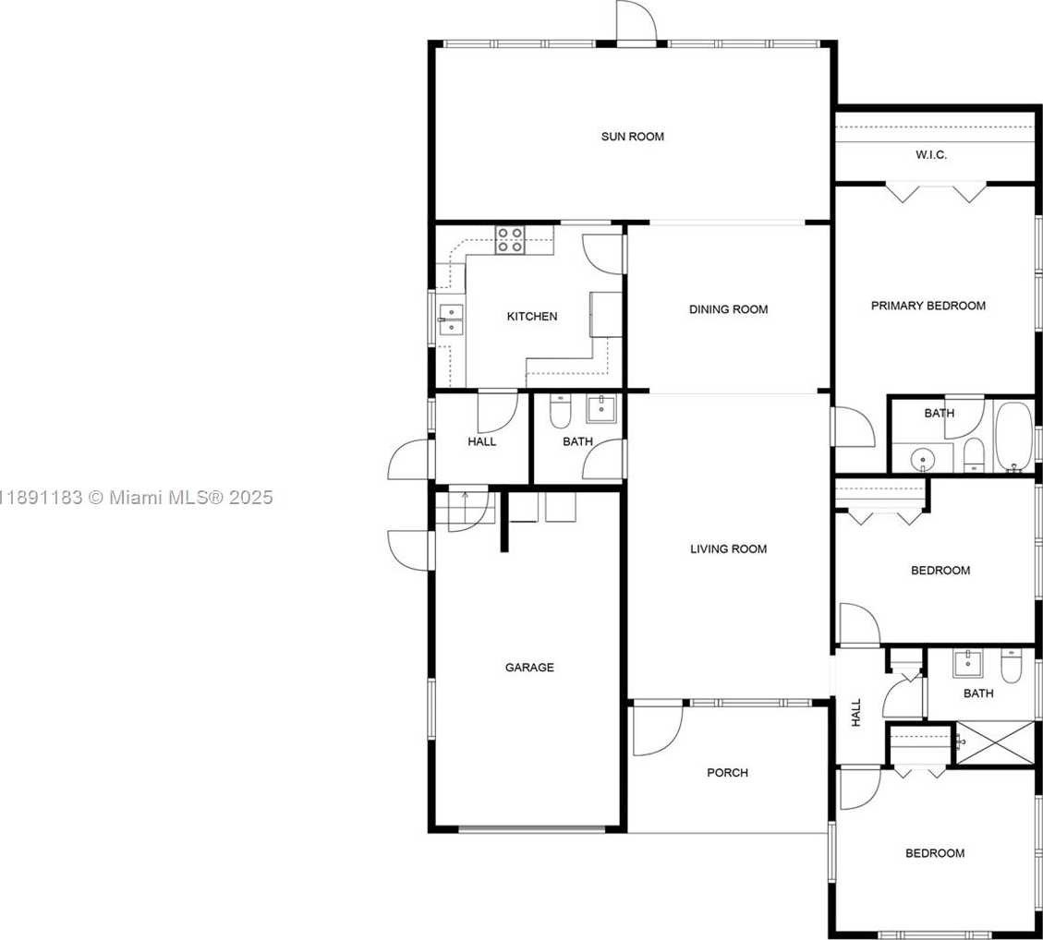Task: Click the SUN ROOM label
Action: point(633,137)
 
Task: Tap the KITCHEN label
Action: point(532,317)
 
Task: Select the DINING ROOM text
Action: point(728,309)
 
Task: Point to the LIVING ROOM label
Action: point(728,549)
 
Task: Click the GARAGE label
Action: point(529,668)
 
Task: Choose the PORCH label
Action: point(728,773)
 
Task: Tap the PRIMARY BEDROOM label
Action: point(928,306)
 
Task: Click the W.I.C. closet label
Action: point(931,155)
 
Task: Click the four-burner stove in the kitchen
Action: point(510,240)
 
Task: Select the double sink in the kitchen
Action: point(452,319)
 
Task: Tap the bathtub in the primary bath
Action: point(1013,437)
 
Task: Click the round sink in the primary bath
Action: point(923,459)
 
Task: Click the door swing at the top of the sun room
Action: point(637,21)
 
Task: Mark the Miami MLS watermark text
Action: point(137,498)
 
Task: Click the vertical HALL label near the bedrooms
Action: point(856,712)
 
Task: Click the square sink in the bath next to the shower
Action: point(968,664)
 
